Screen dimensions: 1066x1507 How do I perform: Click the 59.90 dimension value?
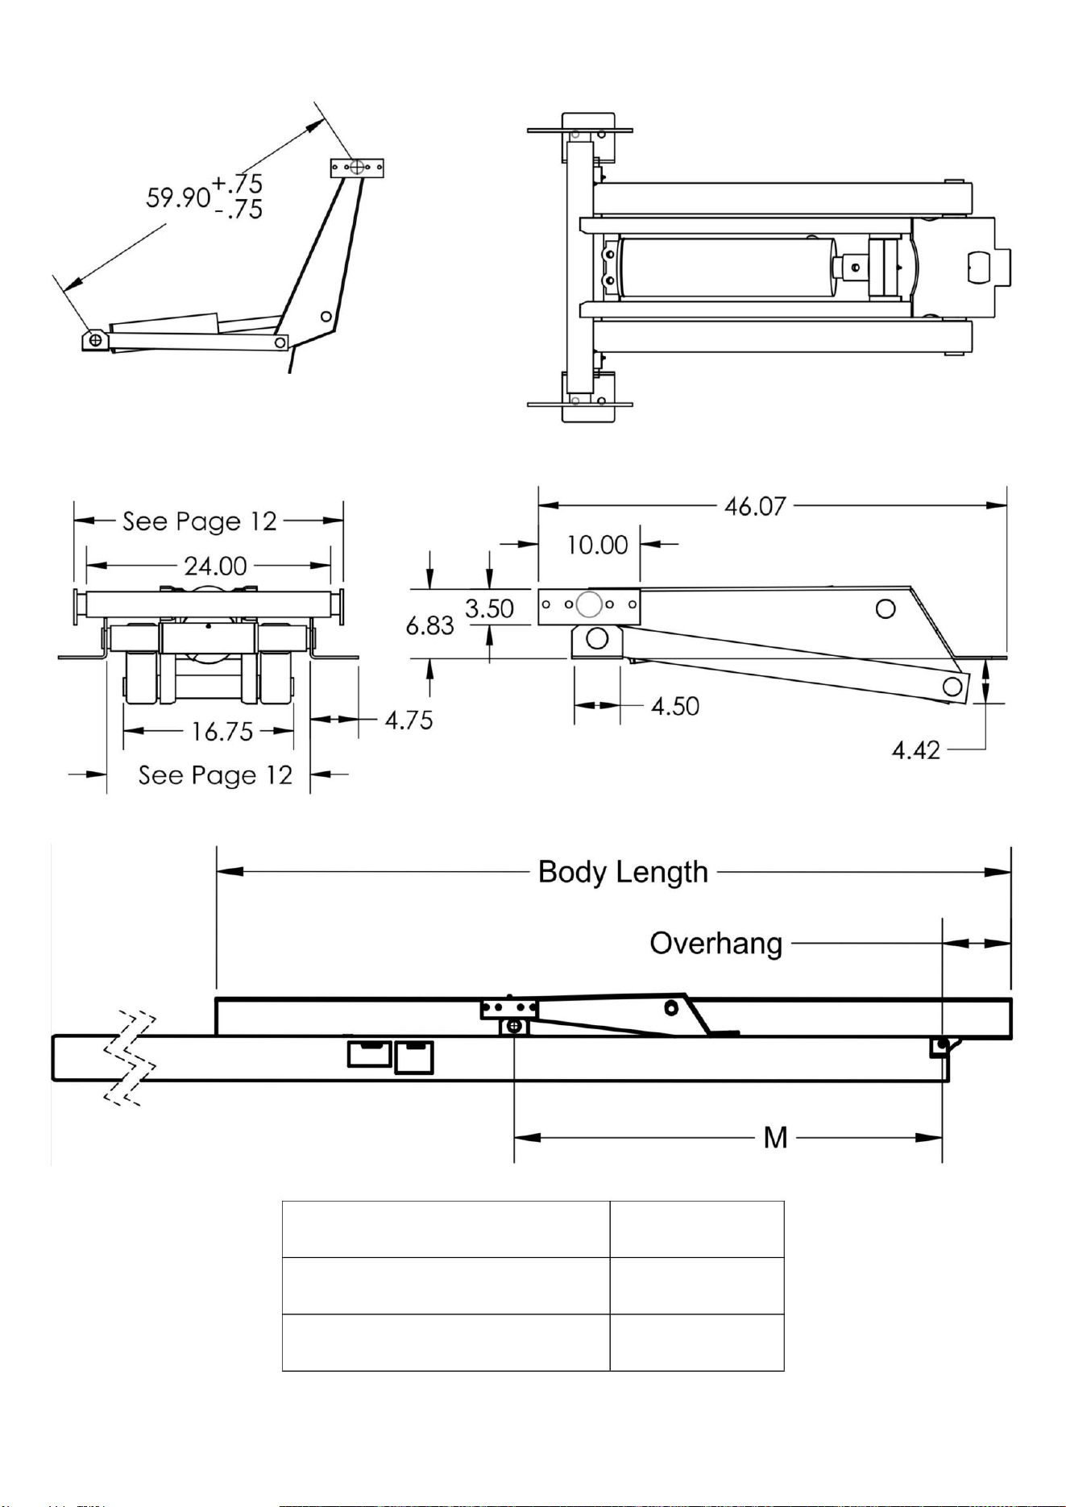(x=178, y=197)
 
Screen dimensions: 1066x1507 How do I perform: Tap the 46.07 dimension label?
(x=755, y=506)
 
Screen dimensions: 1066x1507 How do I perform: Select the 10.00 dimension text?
(x=597, y=545)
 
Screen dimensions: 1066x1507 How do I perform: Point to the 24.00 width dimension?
(x=215, y=566)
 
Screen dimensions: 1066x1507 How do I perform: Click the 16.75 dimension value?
(x=222, y=731)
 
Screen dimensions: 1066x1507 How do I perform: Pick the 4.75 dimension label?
(x=409, y=720)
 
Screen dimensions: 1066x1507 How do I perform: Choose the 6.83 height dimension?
(x=429, y=625)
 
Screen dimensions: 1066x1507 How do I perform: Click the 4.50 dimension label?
(x=675, y=706)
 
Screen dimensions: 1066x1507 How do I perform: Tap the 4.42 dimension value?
(x=916, y=750)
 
